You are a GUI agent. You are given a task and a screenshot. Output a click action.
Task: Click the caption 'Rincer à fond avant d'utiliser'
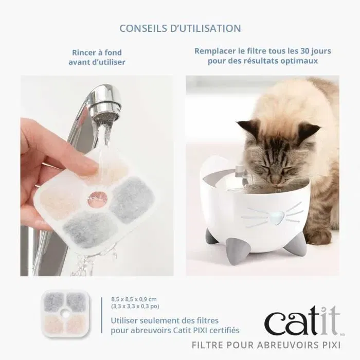point(97,57)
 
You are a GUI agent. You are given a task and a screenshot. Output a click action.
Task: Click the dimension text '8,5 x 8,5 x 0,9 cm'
point(134,299)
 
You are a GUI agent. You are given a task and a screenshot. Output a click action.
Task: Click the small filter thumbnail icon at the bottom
point(64,312)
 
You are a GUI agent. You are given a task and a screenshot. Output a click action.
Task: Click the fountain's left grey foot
point(211,238)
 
